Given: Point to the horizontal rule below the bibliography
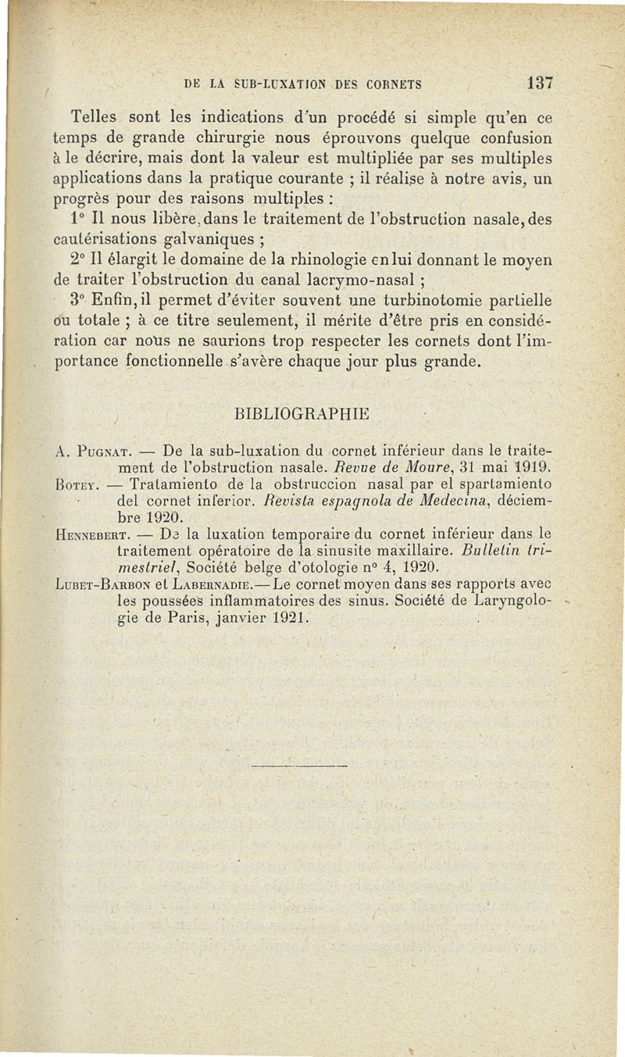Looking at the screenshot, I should [x=298, y=766].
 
